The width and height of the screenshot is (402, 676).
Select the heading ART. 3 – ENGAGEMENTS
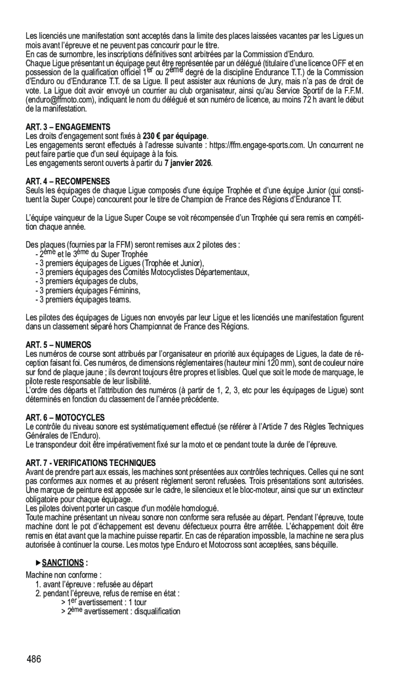68,126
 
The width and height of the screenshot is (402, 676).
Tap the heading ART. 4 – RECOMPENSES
68,181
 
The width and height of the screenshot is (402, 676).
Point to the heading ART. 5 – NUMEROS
58,345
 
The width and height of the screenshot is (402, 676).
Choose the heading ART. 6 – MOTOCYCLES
65,417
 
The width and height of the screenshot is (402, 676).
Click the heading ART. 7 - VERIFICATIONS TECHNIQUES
90,462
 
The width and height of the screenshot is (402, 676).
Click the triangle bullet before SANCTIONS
38,563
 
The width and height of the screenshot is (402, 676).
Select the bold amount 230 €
154,136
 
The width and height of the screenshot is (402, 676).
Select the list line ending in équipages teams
83,300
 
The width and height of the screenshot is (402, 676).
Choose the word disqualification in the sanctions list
154,612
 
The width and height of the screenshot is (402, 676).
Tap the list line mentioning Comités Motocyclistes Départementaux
141,272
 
